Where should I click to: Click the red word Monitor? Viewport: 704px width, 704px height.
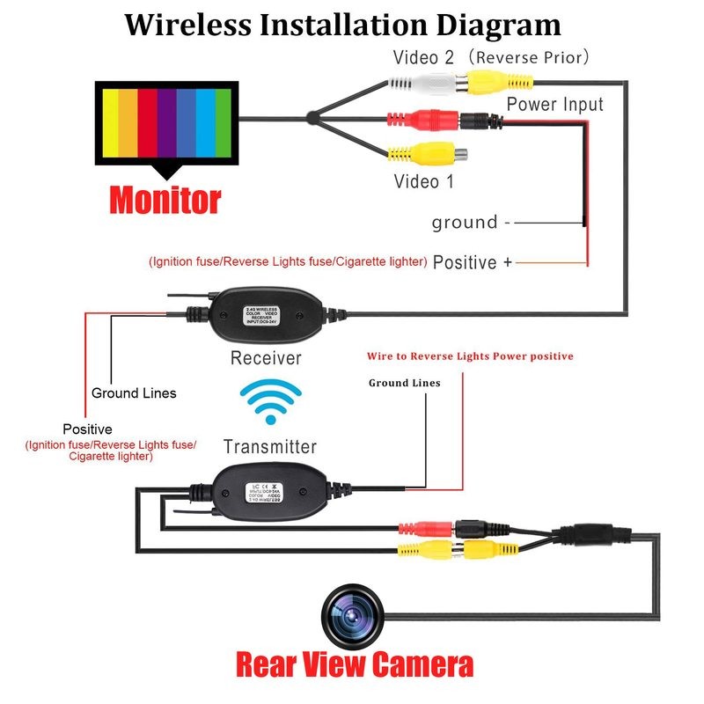point(165,200)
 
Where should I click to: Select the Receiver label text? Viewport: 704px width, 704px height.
point(266,358)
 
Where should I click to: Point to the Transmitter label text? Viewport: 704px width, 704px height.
point(269,446)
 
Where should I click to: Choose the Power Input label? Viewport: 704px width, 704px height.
point(554,105)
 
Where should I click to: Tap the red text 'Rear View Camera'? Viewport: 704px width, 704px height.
point(354,664)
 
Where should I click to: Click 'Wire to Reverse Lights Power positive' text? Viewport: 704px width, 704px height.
point(470,356)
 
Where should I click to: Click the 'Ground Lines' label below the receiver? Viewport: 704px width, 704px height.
point(134,393)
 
